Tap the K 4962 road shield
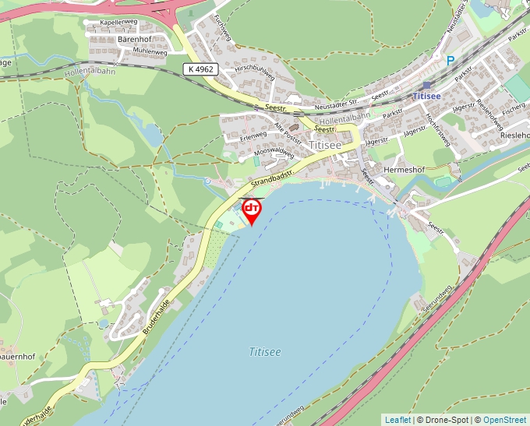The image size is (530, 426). coord(200,69)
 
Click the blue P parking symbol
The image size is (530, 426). coord(450,60)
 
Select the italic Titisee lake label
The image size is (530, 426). coord(265,352)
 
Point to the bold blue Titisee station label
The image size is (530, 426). coord(427,96)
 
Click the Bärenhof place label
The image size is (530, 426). coord(133,38)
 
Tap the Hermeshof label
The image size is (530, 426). coord(404,168)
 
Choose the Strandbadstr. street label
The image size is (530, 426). coord(272,174)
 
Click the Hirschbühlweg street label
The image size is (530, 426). coord(255,75)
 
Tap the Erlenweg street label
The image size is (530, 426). coord(253,135)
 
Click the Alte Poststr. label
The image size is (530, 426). coord(288,131)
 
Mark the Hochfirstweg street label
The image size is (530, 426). coord(437,129)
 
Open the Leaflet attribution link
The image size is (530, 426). coord(397,420)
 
